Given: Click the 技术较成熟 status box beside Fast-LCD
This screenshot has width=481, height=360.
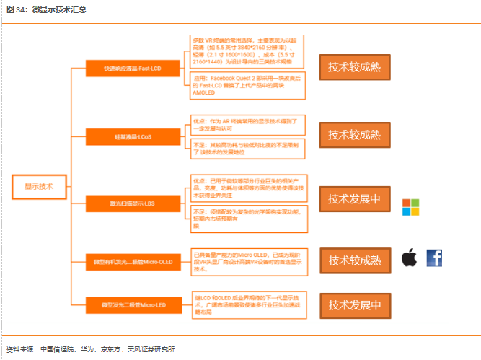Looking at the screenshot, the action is (x=353, y=66).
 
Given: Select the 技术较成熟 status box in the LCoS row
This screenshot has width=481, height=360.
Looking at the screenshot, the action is (x=353, y=134).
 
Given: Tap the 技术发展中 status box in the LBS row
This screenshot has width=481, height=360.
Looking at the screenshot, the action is (x=353, y=199).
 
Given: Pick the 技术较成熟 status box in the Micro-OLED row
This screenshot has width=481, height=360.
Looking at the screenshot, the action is (x=353, y=260).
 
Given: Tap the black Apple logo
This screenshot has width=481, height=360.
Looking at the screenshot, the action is (x=410, y=258).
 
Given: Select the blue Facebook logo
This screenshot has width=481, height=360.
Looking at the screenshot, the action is (x=434, y=258).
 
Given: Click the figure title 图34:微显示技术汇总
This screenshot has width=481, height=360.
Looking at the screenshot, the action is (x=47, y=9).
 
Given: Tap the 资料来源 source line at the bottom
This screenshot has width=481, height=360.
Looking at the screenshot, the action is (x=90, y=349).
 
